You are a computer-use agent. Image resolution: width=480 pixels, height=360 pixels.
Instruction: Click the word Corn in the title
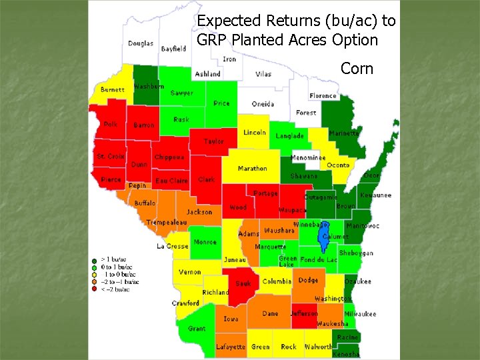point(357,68)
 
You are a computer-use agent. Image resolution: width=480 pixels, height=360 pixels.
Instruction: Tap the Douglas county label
point(141,43)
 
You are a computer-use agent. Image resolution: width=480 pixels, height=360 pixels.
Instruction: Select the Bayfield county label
point(173,49)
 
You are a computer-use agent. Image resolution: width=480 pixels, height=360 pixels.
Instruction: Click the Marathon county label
point(252,169)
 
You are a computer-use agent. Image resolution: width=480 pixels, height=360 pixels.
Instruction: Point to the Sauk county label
point(243,283)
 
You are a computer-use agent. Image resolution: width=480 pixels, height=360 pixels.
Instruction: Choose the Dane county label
point(270,313)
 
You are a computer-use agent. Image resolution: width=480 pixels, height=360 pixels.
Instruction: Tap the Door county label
point(372,175)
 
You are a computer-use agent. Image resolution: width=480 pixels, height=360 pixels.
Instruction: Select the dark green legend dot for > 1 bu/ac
point(94,259)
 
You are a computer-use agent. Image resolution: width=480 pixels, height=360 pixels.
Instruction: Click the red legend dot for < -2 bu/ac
point(94,289)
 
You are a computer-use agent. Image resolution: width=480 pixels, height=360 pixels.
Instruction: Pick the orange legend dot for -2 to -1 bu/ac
point(94,282)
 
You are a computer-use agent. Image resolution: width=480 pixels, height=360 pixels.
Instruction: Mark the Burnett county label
point(112,89)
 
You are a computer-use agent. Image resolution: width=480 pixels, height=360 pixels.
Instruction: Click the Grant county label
point(196,329)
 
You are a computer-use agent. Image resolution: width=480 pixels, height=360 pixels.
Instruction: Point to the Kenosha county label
point(345,354)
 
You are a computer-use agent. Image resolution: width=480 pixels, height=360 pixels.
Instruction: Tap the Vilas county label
point(263,74)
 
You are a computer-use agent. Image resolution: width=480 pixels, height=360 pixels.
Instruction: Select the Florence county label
point(323,96)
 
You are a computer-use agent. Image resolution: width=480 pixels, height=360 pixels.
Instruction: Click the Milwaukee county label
point(360,314)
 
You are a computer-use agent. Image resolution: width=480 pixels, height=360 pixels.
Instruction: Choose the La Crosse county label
point(172,246)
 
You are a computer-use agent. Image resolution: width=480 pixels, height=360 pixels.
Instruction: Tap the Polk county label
point(110,124)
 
